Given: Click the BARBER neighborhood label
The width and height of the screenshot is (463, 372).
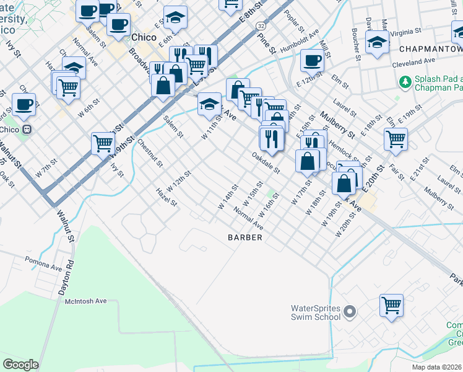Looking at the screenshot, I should click(245, 237).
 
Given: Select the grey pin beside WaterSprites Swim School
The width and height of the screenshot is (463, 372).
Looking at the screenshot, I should click(350, 311).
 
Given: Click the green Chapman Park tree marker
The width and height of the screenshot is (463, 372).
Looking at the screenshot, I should click(405, 81).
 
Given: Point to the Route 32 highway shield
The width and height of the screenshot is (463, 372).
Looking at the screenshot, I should click(261, 25).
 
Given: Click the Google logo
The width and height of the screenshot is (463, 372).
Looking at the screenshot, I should click(20, 365).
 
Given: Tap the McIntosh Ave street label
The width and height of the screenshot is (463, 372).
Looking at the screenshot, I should click(86, 301).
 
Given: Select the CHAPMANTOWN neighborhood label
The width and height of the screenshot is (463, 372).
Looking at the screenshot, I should click(431, 49).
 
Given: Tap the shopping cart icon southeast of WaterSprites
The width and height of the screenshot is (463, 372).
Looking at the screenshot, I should click(391, 304).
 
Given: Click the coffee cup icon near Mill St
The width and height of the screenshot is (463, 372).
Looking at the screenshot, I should click(313, 61).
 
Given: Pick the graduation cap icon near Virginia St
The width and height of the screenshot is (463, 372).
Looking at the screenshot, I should click(376, 42).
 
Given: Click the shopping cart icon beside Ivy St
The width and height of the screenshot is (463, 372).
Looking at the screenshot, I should click(103, 143).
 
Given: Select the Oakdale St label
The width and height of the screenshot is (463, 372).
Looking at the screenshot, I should click(267, 163).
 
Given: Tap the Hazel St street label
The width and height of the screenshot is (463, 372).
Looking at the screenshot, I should click(167, 198).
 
